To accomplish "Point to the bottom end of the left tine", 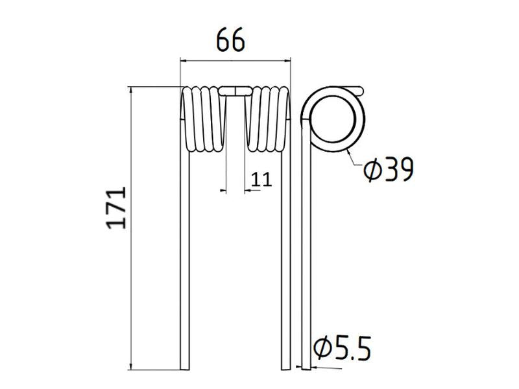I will (x=186, y=366).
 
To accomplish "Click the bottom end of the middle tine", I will (x=285, y=366).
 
